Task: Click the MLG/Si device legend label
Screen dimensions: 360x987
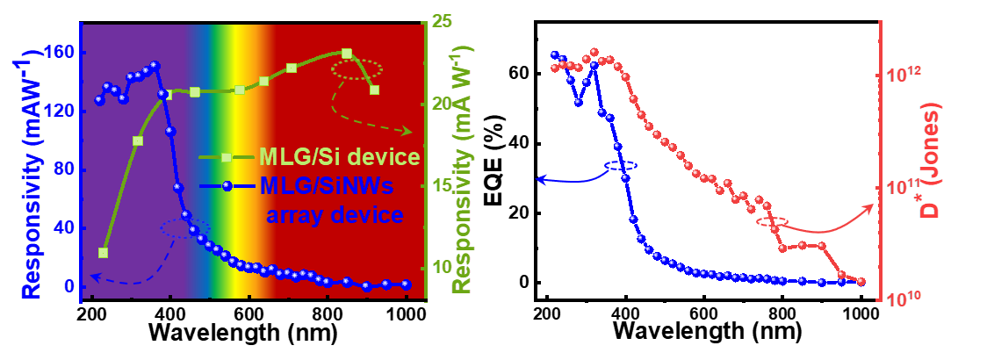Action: (x=337, y=158)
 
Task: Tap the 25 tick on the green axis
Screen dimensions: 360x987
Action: (x=442, y=21)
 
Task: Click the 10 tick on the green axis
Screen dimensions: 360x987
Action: (x=442, y=268)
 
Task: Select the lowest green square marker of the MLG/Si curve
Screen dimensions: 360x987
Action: (x=103, y=253)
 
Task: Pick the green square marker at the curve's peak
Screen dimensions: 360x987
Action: (x=346, y=54)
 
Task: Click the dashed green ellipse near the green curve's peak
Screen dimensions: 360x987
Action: (x=357, y=70)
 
